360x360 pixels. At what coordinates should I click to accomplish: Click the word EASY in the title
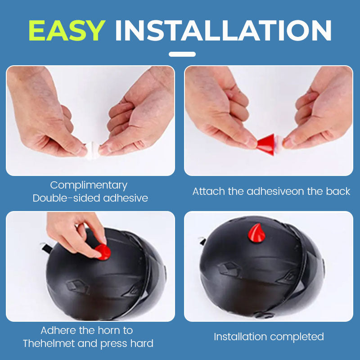tap(67, 31)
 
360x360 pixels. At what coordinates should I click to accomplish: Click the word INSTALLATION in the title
tap(223, 31)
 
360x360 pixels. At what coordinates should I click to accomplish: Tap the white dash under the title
tap(182, 54)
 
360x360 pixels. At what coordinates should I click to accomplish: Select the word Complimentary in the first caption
tap(89, 185)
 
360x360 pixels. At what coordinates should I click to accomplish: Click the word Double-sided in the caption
tap(66, 198)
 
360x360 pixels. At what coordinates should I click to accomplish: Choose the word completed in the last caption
tap(297, 337)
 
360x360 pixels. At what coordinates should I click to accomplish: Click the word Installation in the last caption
tap(240, 337)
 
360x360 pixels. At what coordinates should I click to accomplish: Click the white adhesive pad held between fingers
tap(92, 150)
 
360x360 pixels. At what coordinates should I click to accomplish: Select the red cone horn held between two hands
tap(266, 144)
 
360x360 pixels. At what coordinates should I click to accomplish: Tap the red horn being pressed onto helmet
tap(104, 252)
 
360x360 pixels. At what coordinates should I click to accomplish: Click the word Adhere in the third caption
tap(58, 331)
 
